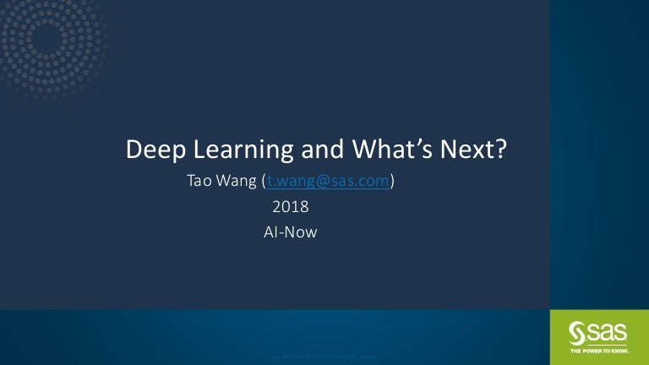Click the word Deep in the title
tap(153, 150)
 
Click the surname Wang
tap(238, 180)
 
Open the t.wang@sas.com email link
tap(328, 180)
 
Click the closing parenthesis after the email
tap(393, 180)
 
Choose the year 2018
tap(290, 206)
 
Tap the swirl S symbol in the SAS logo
tap(577, 330)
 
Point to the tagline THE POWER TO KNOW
tap(597, 349)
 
